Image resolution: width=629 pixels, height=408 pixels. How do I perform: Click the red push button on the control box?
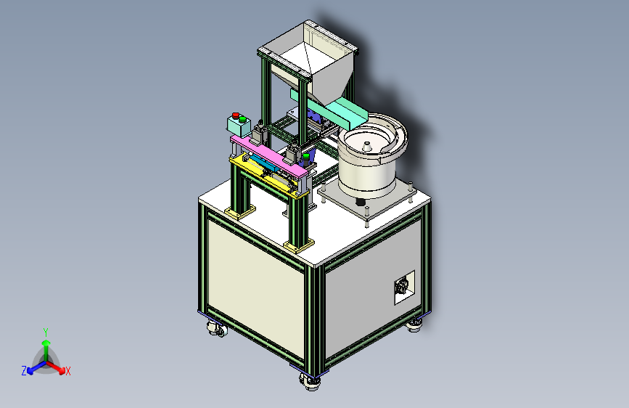[236, 115]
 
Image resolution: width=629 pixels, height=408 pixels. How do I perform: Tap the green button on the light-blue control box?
[242, 119]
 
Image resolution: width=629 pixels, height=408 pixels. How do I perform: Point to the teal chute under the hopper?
[329, 107]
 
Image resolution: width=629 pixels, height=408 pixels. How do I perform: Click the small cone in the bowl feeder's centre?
[366, 146]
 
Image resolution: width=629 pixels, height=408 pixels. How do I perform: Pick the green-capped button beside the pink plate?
[306, 157]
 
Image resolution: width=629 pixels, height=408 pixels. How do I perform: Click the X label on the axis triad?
[67, 371]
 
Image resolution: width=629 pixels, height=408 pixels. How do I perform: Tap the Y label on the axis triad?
[46, 332]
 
